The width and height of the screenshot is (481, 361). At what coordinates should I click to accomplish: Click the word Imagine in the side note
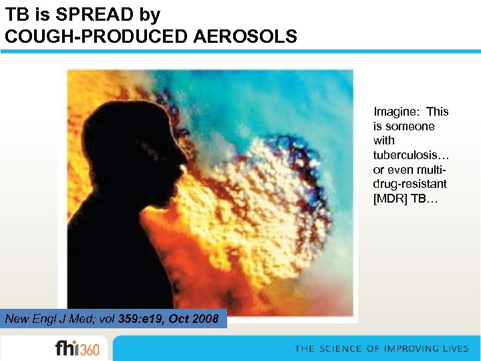pos(396,112)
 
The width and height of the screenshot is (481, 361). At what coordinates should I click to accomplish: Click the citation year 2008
pos(204,319)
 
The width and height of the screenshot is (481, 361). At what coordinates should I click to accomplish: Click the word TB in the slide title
pos(17,14)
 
